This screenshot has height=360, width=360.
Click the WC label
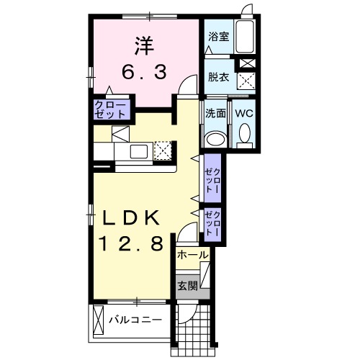point(243,113)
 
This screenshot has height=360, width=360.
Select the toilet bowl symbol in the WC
point(243,134)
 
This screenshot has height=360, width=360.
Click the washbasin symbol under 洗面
point(215,138)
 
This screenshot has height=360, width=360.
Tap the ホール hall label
point(192,255)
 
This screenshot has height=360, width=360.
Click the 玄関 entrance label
point(186,286)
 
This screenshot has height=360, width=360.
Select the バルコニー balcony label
point(135,319)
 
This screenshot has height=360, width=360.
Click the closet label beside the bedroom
point(110,110)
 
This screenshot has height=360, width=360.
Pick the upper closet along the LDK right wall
point(212,179)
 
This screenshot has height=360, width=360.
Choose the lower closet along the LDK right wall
point(212,224)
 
